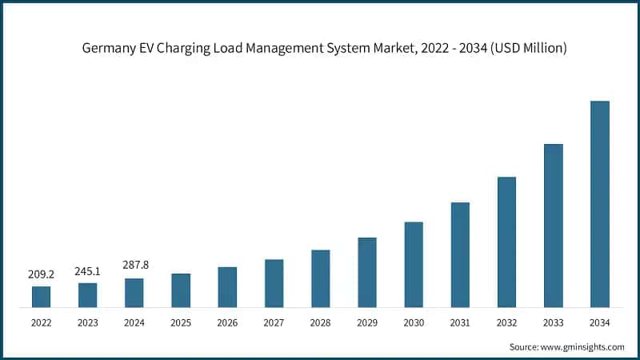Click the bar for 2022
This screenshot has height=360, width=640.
[x=41, y=297]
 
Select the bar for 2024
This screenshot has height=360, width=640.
[x=134, y=293]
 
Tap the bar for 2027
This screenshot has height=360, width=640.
[x=274, y=283]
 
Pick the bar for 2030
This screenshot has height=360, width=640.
[x=414, y=265]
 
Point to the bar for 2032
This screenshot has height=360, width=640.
[x=506, y=242]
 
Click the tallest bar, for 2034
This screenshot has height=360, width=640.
[x=599, y=204]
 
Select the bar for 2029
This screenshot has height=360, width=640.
[x=367, y=272]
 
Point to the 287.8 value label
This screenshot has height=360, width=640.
[x=134, y=264]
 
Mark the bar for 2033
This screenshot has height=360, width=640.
[x=553, y=226]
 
